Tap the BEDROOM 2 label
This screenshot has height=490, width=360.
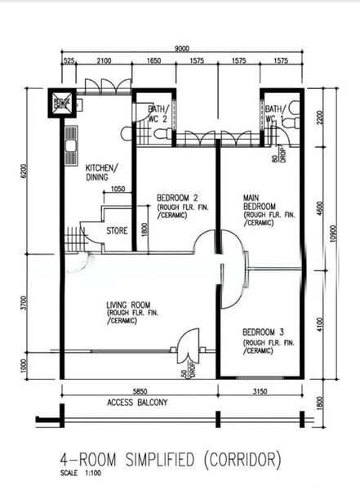pyautogui.click(x=178, y=198)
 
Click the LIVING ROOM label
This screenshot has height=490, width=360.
pyautogui.click(x=129, y=306)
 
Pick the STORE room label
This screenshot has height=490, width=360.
pyautogui.click(x=118, y=231)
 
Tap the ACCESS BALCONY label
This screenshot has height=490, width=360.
pyautogui.click(x=137, y=403)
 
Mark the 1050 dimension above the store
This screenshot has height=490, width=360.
pyautogui.click(x=118, y=189)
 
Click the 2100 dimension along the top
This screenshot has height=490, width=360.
pyautogui.click(x=104, y=61)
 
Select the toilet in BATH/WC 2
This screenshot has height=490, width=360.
pyautogui.click(x=127, y=132)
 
